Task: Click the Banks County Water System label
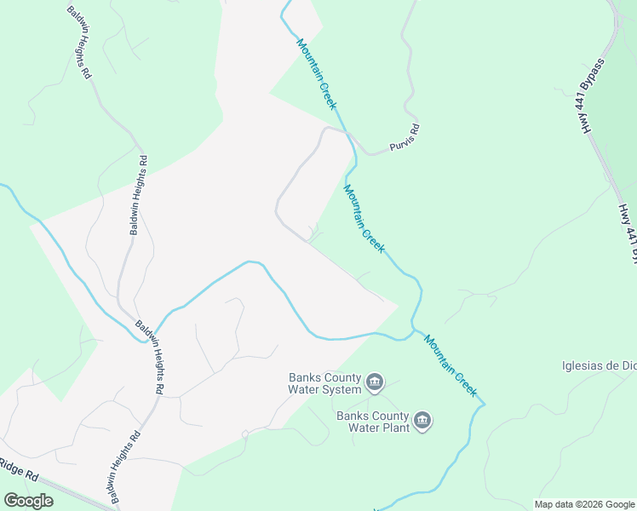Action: pyautogui.click(x=324, y=384)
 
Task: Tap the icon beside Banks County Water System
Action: pyautogui.click(x=375, y=384)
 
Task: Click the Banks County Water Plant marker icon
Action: pyautogui.click(x=422, y=421)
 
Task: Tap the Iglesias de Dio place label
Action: pyautogui.click(x=599, y=366)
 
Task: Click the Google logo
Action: pyautogui.click(x=28, y=500)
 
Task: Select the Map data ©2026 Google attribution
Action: pyautogui.click(x=585, y=504)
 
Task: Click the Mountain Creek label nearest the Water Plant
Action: pyautogui.click(x=450, y=364)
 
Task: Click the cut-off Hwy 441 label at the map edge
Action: pyautogui.click(x=628, y=231)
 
